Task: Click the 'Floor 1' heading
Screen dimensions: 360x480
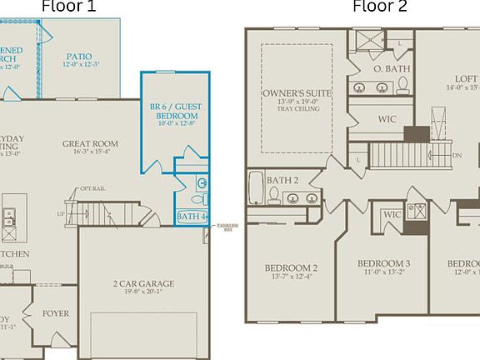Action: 68,7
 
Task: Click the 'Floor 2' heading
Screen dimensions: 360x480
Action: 380,7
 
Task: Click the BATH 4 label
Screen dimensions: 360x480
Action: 191,217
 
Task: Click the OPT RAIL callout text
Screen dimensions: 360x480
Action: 92,189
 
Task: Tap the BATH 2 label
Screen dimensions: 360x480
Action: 282,179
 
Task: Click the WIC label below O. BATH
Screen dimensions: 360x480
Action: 387,119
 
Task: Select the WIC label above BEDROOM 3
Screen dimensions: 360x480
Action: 392,215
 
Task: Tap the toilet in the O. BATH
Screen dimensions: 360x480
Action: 402,84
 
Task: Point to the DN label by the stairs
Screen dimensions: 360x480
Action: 456,155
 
